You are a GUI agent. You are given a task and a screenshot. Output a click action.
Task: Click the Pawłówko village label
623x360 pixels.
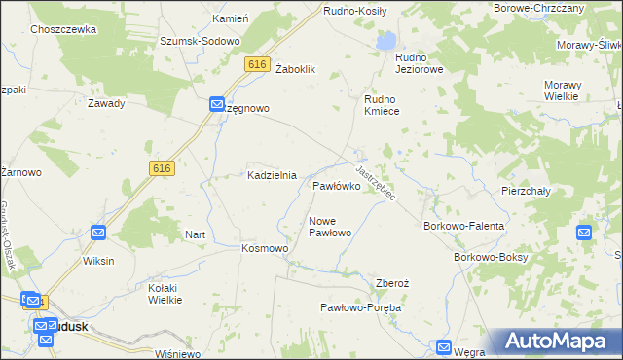338,185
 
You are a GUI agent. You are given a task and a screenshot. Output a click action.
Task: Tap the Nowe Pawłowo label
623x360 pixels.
329,227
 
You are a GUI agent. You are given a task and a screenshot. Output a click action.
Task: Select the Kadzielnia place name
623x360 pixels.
271,175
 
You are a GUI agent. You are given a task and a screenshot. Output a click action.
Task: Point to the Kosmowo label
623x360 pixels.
265,249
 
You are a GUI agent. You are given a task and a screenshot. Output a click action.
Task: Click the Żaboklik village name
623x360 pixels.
297,69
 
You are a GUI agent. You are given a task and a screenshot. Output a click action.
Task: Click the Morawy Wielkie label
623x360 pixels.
574,91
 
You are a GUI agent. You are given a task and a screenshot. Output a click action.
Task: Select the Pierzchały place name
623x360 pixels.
526,192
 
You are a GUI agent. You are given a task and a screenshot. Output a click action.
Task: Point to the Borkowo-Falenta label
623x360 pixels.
463,226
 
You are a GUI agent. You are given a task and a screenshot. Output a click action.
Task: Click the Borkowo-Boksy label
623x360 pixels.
492,257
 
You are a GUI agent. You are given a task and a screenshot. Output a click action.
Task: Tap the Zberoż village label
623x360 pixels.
392,283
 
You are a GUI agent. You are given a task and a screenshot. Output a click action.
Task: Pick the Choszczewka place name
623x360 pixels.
63,30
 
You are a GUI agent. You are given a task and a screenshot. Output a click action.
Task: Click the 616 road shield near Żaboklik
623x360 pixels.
257,64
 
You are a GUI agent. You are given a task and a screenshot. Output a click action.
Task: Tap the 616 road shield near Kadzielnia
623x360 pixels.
162,168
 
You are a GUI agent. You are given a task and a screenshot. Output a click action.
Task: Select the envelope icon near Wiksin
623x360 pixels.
98,233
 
